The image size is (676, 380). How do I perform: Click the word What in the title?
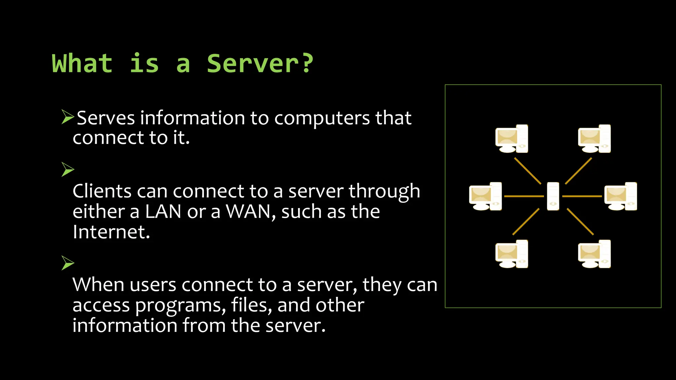pos(82,63)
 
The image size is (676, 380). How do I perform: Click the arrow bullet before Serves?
pos(68,117)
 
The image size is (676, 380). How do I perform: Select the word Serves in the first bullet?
pos(106,118)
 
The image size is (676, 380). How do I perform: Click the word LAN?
pos(163,212)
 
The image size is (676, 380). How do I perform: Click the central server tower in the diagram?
pos(553,196)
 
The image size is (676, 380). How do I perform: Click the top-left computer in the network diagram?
pos(512,139)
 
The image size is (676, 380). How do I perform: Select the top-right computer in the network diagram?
pos(594,139)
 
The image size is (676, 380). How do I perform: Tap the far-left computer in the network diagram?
pos(485,197)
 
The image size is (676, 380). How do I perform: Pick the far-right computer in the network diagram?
pos(621,197)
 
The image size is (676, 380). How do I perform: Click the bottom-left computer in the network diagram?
pos(512,254)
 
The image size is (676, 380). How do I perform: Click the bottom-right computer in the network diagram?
pos(594,254)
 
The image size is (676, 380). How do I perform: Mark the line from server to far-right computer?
pos(582,196)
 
